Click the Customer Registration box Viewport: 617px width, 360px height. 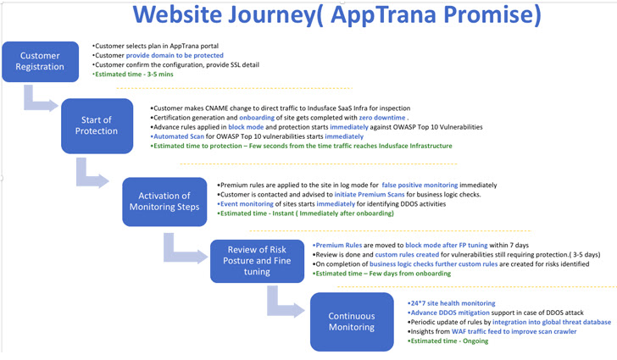click(x=41, y=62)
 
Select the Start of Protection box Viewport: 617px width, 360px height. click(x=97, y=125)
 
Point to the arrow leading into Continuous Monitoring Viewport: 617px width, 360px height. click(x=283, y=302)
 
